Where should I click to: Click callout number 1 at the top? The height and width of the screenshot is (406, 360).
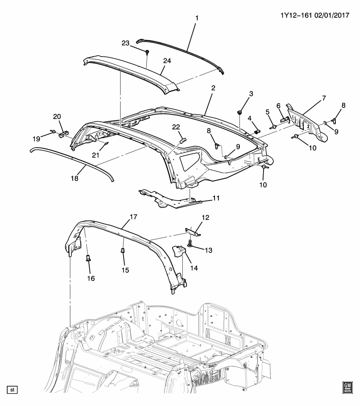(196, 18)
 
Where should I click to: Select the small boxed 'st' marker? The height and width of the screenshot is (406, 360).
(12, 389)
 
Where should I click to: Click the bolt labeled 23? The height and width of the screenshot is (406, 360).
(146, 52)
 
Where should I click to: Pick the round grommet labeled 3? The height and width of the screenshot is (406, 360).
(240, 112)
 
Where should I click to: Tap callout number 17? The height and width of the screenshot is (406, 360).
(133, 217)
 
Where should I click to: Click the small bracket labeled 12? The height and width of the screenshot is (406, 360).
(194, 230)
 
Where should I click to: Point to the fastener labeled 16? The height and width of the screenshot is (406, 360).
(88, 258)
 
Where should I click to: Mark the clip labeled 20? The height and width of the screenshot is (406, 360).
(63, 134)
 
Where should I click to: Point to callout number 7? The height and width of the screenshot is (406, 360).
(324, 98)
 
